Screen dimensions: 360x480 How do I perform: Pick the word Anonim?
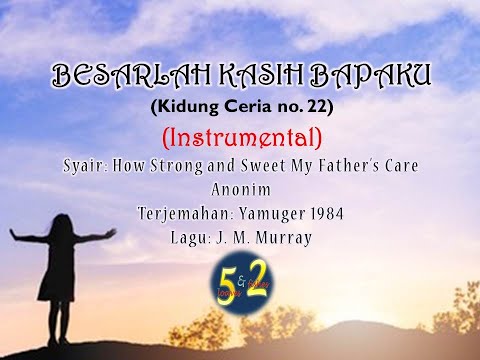(x=239, y=187)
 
